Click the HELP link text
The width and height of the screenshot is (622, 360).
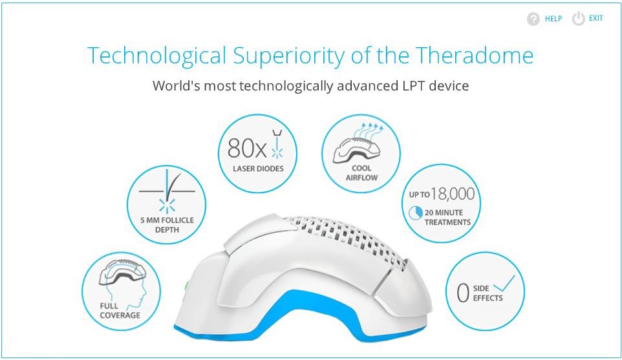point(553,19)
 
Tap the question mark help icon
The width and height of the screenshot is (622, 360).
point(533,19)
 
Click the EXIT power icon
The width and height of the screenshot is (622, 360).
point(579,19)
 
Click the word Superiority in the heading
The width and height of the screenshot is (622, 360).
point(288,56)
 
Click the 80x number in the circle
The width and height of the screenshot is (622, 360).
point(247,148)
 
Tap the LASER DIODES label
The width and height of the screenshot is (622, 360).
point(258,169)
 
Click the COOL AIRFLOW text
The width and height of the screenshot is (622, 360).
point(361,173)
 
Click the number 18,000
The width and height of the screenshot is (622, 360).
point(453,194)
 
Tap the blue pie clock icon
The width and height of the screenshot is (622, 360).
point(415,213)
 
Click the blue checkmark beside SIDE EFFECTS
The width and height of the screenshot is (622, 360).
point(504,284)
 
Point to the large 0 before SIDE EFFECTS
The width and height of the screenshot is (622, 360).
point(463,293)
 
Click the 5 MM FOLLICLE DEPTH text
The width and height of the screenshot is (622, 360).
point(167,225)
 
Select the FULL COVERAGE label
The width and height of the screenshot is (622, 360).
point(120,310)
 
